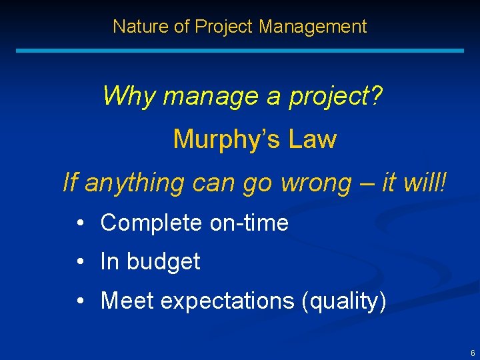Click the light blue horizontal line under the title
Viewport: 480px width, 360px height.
pyautogui.click(x=239, y=51)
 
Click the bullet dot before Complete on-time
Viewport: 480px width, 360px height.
pyautogui.click(x=79, y=223)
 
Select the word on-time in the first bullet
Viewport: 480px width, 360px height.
pyautogui.click(x=249, y=223)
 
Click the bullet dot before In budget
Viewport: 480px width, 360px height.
pyautogui.click(x=79, y=262)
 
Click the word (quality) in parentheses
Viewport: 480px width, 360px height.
pyautogui.click(x=344, y=301)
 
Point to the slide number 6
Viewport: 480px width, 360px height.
pyautogui.click(x=473, y=353)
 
